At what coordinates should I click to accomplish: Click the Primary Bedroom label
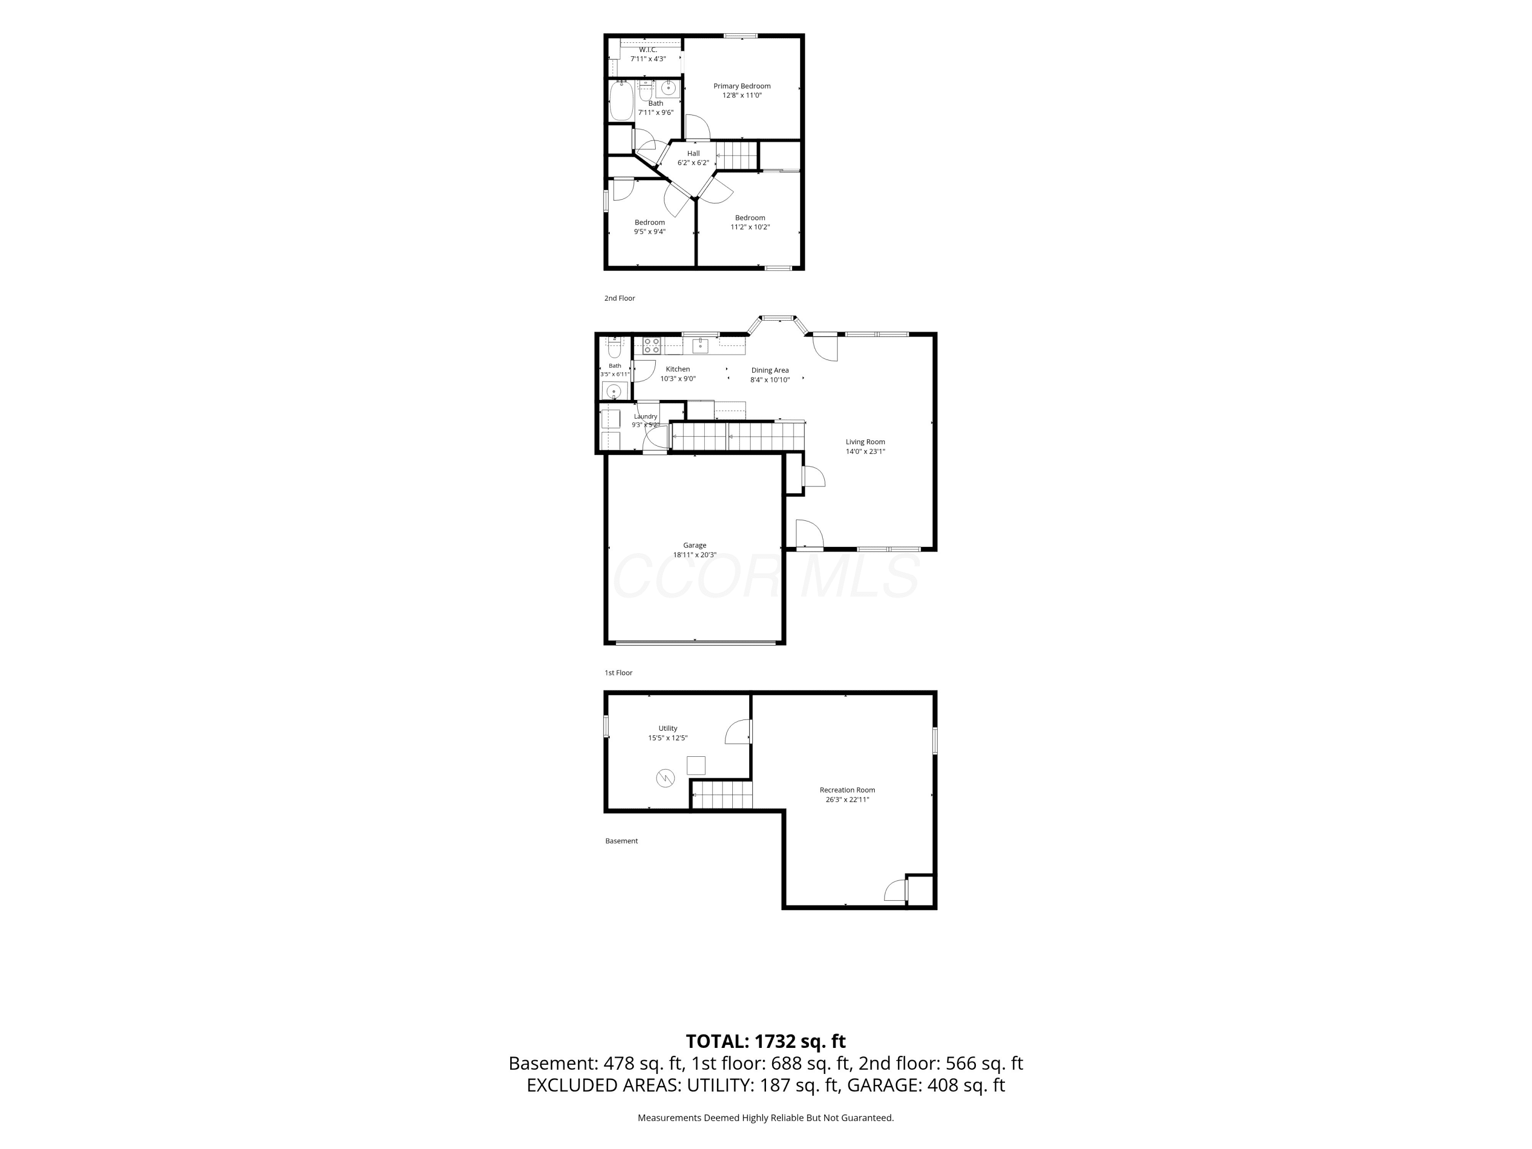coord(742,86)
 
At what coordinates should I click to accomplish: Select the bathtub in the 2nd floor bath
coord(621,102)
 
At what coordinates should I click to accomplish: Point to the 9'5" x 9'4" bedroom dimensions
coord(650,232)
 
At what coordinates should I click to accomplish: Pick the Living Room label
coord(865,442)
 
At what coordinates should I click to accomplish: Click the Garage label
coord(695,545)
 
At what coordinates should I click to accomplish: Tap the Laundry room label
coord(645,416)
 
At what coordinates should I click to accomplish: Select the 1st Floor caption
coord(618,673)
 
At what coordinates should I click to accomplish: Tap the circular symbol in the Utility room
coord(665,778)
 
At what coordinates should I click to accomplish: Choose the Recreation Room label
coord(847,790)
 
